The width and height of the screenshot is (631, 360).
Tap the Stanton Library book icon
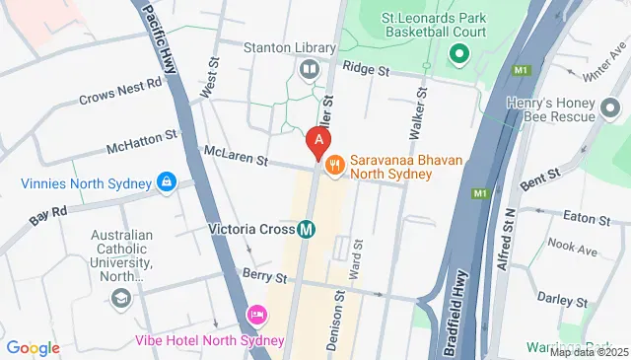coord(309,69)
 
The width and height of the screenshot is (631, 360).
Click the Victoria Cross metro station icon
coord(307,229)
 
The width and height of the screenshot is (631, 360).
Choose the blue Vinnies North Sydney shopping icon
coord(167,182)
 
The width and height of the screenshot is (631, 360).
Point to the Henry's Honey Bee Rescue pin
coord(612,107)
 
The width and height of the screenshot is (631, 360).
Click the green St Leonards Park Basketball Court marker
coord(457,53)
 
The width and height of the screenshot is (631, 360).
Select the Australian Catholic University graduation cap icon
coord(122,298)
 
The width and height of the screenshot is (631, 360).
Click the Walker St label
coord(416,110)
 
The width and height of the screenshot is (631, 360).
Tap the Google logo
coord(33,347)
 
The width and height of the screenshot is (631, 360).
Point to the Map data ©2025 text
coord(589,352)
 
